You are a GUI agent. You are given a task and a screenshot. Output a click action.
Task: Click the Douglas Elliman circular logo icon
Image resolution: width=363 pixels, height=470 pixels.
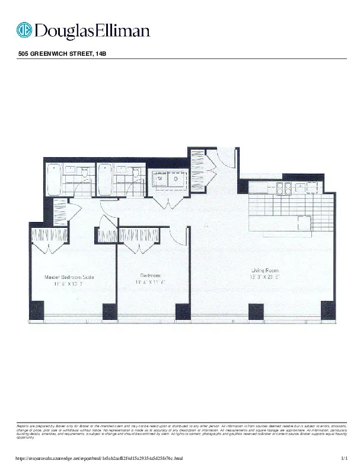click(x=24, y=30)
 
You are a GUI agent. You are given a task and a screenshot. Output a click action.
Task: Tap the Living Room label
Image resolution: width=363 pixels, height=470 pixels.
click(x=265, y=270)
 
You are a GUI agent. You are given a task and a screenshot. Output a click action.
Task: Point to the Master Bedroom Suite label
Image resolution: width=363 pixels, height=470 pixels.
click(x=69, y=277)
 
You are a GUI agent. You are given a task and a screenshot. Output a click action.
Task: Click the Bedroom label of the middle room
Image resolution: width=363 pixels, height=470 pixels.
click(x=150, y=275)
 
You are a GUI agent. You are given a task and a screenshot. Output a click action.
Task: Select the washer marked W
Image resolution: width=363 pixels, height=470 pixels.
click(x=161, y=178)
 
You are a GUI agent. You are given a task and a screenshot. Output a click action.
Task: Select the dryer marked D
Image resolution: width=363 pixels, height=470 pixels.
click(x=176, y=178)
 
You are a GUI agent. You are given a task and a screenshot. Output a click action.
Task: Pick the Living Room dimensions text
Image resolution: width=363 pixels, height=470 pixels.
click(x=265, y=277)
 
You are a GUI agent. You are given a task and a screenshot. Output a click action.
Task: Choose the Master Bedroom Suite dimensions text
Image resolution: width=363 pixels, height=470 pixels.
click(x=69, y=284)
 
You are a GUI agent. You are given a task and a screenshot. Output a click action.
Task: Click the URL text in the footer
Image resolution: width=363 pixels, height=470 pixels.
click(x=98, y=459)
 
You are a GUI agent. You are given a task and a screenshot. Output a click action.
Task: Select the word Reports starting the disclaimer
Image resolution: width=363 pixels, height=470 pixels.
click(x=23, y=425)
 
